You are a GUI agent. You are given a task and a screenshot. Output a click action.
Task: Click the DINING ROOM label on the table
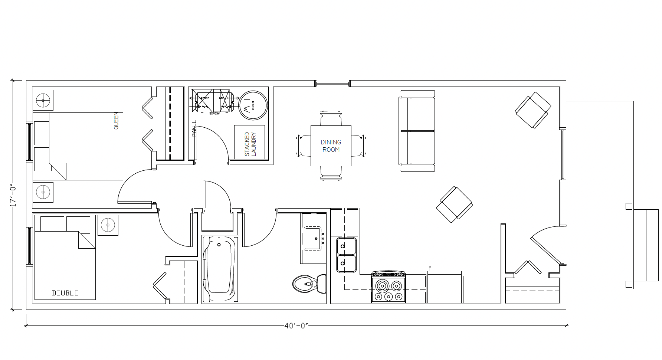tap(331, 146)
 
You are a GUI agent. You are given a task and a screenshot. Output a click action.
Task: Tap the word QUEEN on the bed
tap(116, 121)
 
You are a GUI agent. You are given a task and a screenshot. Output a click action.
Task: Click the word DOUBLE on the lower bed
tap(65, 293)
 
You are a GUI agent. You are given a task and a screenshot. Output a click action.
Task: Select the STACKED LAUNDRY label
tap(250, 144)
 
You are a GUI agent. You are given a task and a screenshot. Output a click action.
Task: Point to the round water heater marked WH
tap(253, 105)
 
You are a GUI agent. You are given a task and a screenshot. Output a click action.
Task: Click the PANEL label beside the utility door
tap(194, 128)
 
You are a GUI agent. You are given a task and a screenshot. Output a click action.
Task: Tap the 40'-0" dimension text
tap(296, 326)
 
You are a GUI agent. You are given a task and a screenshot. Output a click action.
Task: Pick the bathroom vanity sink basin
tap(314, 238)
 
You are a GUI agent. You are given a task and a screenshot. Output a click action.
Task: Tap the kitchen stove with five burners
tap(389, 287)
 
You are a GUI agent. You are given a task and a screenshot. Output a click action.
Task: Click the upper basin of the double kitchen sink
tap(347, 246)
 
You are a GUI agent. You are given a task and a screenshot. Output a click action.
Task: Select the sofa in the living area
tap(417, 131)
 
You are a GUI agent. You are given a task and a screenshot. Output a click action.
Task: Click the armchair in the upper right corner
tap(533, 110)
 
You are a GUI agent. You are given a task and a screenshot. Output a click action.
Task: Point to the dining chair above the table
tap(331, 118)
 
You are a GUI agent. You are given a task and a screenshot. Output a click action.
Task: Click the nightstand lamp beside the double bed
tap(108, 225)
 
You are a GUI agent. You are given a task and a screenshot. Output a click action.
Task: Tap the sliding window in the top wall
tap(332, 84)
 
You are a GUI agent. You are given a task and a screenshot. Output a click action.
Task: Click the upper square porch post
tap(629, 206)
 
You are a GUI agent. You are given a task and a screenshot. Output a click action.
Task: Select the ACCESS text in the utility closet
tap(214, 114)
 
